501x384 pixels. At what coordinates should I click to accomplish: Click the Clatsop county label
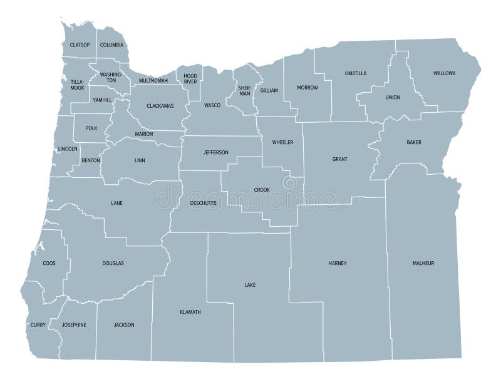pos(80,45)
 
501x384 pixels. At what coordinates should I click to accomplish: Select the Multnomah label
pos(153,80)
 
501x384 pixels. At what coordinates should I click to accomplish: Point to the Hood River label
pos(190,78)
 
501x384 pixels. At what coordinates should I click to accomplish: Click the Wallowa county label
pos(445,73)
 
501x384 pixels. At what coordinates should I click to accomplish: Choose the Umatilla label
pos(356,73)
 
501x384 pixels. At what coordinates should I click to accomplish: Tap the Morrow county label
pos(307,87)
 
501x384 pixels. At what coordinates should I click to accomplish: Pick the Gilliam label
pos(269,91)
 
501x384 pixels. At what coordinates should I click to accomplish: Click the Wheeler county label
pos(282,142)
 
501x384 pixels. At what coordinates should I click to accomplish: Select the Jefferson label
pos(216,152)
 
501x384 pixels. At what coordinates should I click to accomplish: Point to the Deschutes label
pos(203,204)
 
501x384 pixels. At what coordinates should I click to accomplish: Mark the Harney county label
pos(337,263)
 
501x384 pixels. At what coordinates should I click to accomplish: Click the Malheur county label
pos(423,263)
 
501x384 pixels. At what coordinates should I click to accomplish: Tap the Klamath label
pos(190,311)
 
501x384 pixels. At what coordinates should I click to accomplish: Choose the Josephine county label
pos(74,324)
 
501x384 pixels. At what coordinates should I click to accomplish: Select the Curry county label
pos(38,325)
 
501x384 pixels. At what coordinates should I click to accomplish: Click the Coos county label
pos(49,263)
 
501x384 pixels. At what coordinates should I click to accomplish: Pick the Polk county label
pos(91,128)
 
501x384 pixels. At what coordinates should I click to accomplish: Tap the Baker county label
pos(413,142)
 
